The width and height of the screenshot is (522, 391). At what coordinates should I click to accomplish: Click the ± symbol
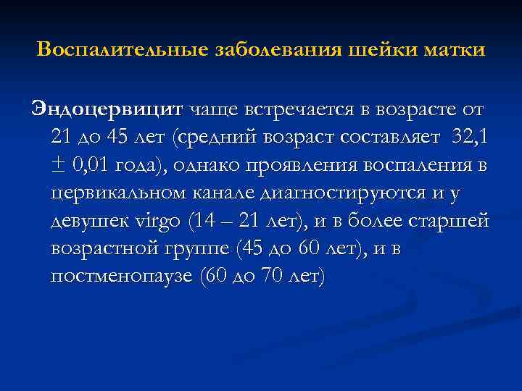click(x=59, y=165)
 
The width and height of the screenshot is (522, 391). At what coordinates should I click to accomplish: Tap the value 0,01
click(x=90, y=165)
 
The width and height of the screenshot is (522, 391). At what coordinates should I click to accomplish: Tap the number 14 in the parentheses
click(x=202, y=220)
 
